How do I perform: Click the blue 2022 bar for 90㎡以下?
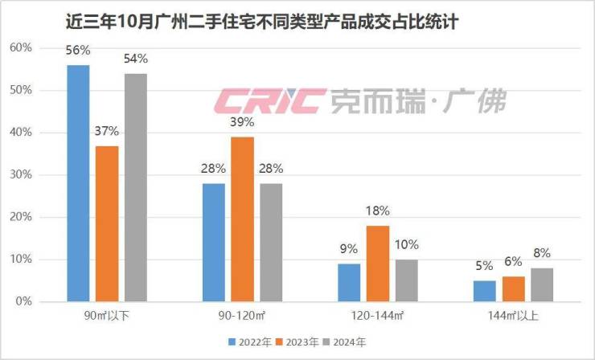[78, 183]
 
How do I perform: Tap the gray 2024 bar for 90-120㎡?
[271, 242]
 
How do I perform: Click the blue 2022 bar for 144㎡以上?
[484, 291]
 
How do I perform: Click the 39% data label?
[242, 122]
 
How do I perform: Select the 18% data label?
[378, 211]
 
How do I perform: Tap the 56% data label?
[78, 50]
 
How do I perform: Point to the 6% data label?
[513, 261]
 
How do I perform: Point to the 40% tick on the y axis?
[43, 133]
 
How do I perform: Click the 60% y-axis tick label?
[43, 48]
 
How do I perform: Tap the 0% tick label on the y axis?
[45, 301]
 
